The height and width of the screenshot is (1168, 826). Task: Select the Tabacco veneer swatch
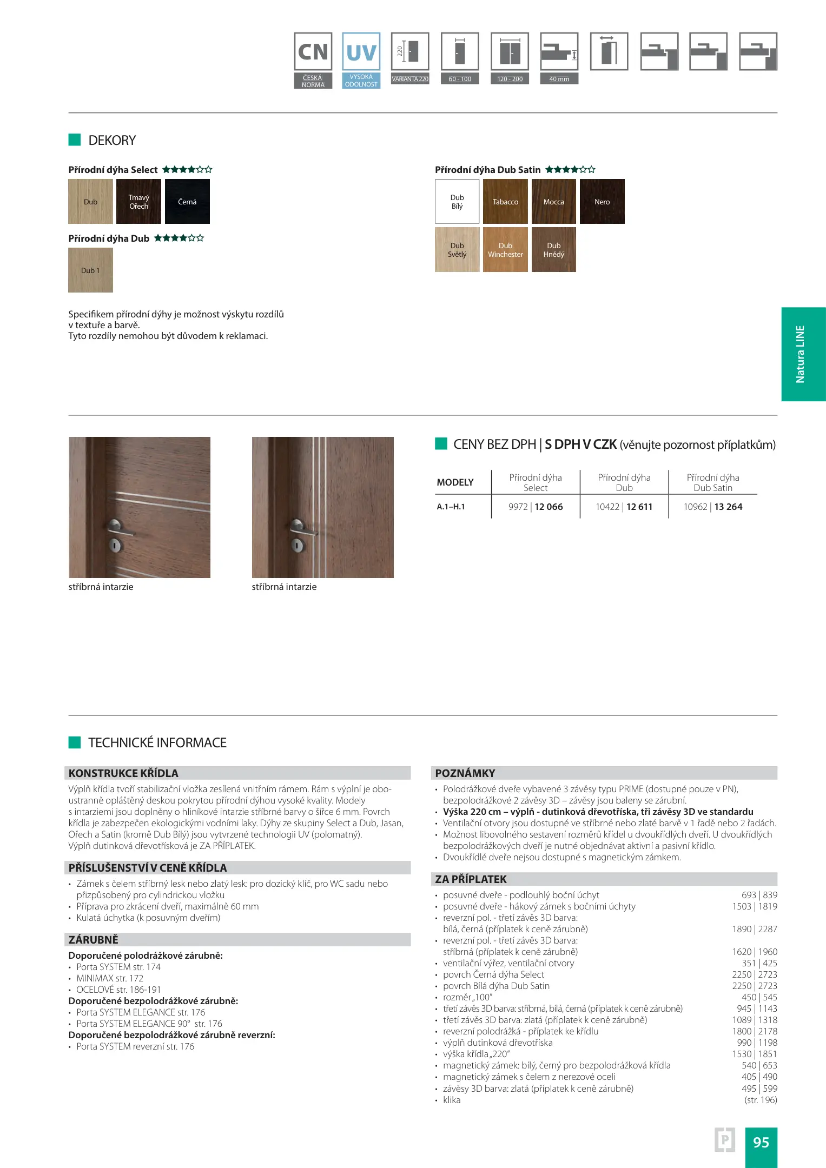coord(505,202)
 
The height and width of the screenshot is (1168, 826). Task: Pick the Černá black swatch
coord(187,202)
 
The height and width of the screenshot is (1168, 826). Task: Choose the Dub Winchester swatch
coord(505,250)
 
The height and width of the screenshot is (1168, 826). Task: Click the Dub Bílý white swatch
coord(457,202)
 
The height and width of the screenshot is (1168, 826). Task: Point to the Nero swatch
coord(602,202)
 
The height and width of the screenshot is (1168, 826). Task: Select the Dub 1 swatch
coord(90,270)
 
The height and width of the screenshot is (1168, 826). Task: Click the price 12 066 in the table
coord(549,507)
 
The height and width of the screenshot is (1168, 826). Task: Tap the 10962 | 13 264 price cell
coord(713,507)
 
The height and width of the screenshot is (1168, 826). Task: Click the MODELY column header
coord(455,482)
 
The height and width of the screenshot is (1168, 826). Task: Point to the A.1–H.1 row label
coord(451,507)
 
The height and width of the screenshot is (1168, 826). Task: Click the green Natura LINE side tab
coord(803,354)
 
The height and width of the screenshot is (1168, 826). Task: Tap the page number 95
coord(761,1142)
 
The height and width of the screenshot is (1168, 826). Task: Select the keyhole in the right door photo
coord(297,545)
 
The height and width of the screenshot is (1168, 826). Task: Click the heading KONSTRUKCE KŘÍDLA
coord(123,773)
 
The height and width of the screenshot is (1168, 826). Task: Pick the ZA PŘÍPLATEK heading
coord(471,879)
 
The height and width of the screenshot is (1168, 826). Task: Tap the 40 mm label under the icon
coord(559,79)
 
